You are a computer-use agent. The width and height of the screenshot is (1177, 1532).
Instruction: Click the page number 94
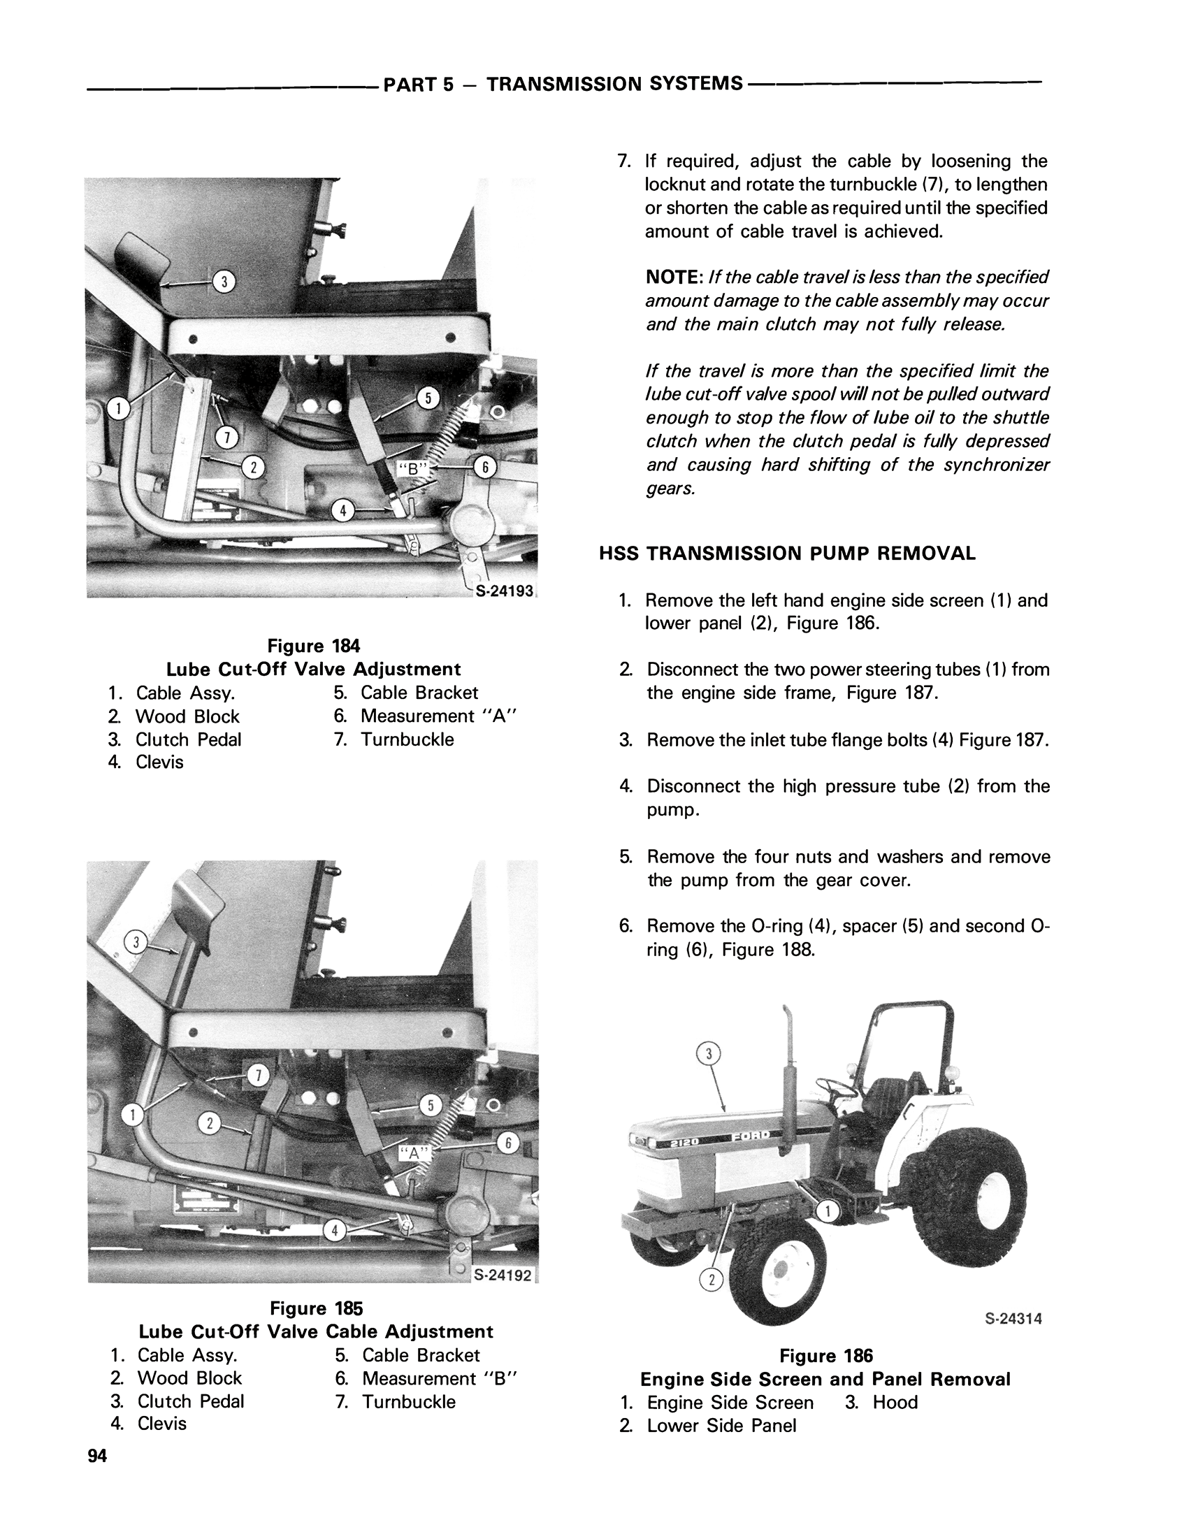97,1457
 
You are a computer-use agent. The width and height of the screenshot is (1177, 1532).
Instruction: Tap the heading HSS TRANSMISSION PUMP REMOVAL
787,554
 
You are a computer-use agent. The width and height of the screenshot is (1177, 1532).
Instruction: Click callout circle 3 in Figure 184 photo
224,282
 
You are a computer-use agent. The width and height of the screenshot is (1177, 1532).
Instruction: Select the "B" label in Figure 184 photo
412,469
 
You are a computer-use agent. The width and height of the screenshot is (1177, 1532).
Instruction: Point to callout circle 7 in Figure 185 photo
258,1076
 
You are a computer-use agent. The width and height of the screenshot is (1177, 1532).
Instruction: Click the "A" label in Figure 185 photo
413,1153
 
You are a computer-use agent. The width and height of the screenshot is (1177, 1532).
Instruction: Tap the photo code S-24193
505,591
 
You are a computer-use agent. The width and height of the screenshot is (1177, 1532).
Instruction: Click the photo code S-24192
503,1275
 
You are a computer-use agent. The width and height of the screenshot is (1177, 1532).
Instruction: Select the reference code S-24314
1013,1319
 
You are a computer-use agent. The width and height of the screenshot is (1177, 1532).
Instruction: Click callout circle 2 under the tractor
711,1280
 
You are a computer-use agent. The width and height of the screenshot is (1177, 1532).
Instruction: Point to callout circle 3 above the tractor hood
709,1053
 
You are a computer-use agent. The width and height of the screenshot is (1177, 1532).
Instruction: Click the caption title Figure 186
826,1356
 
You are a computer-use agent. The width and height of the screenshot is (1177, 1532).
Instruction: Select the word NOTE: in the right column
674,277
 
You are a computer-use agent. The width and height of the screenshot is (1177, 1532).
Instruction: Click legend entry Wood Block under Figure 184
187,716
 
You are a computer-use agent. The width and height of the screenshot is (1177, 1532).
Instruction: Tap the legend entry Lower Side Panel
721,1426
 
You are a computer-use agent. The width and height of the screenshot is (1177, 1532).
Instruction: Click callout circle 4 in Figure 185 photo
335,1231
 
